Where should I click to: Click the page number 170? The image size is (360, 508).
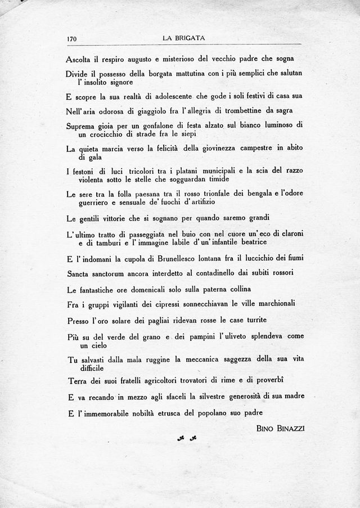pyautogui.click(x=71, y=39)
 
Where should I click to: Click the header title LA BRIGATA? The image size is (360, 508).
pyautogui.click(x=183, y=38)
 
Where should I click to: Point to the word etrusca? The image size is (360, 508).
pyautogui.click(x=160, y=413)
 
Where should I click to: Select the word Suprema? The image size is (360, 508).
pyautogui.click(x=82, y=125)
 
